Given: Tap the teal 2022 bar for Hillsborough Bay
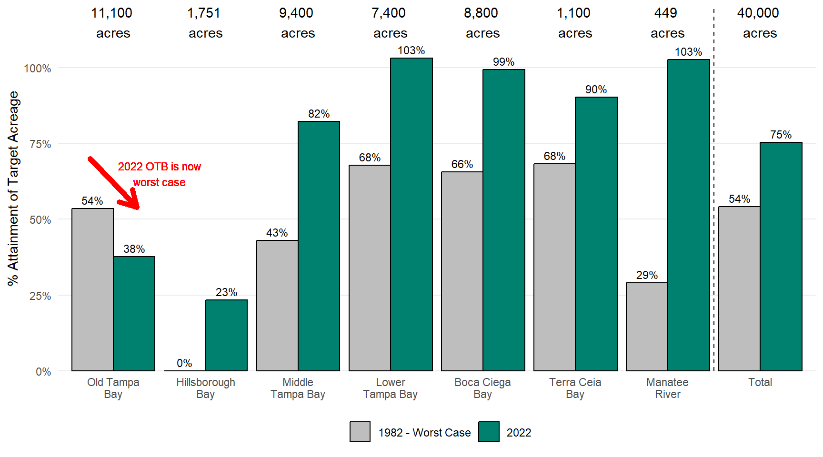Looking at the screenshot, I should [x=226, y=335].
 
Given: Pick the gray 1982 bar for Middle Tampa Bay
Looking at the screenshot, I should [x=277, y=305].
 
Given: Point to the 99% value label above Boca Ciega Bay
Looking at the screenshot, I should [x=503, y=62].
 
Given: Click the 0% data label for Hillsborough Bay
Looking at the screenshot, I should [x=184, y=363].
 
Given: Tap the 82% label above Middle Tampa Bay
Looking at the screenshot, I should [x=319, y=114].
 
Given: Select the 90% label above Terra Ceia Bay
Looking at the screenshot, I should [x=596, y=89].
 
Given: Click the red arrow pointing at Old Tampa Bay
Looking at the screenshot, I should [x=113, y=183].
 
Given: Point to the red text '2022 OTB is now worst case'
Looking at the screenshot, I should [x=160, y=174].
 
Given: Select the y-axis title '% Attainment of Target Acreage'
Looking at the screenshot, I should [x=13, y=188].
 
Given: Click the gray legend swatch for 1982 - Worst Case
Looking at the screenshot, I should [x=360, y=432].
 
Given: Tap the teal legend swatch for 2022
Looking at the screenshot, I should [x=489, y=432].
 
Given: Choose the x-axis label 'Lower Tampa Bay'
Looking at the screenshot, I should [x=390, y=388].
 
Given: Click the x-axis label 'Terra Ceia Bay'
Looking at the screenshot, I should [x=575, y=388].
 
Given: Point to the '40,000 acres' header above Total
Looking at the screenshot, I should [x=758, y=23].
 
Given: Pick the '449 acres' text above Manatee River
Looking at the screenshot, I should [x=667, y=23].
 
